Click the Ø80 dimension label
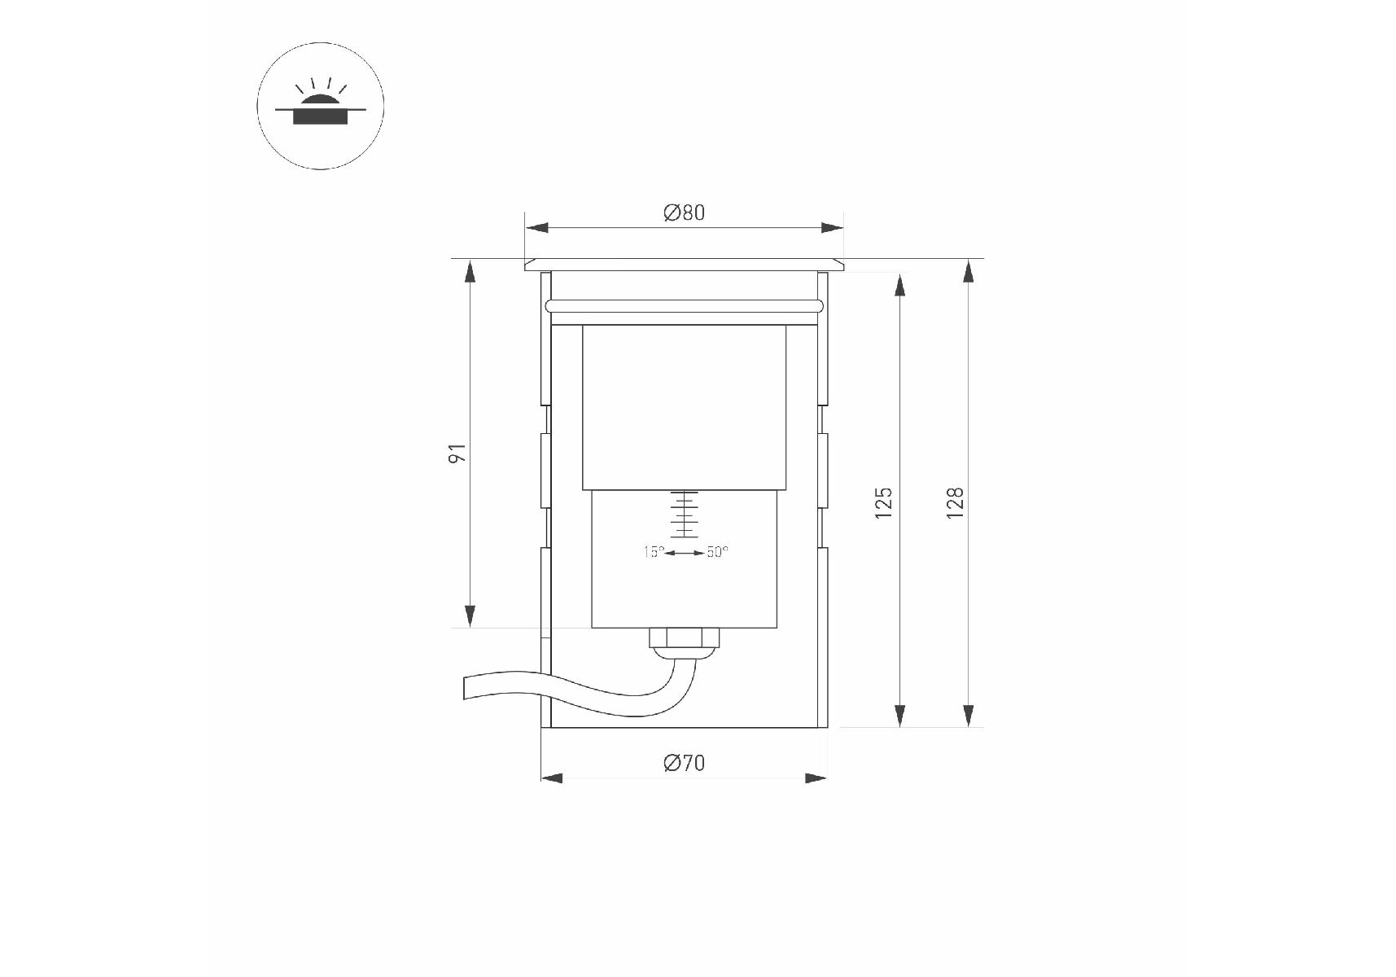[x=684, y=213]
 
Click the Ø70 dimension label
[x=684, y=764]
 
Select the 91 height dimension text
[x=458, y=453]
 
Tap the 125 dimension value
[x=884, y=503]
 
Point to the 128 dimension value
[x=955, y=503]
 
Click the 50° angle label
[x=717, y=552]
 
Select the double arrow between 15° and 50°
[x=685, y=553]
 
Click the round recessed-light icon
[x=321, y=106]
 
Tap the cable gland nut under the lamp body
[x=685, y=638]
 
